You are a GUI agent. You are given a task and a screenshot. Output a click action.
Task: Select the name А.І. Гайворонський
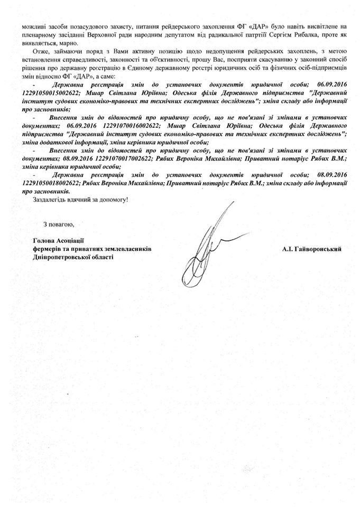(311, 248)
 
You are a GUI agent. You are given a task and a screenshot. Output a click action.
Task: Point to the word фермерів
(46, 248)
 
